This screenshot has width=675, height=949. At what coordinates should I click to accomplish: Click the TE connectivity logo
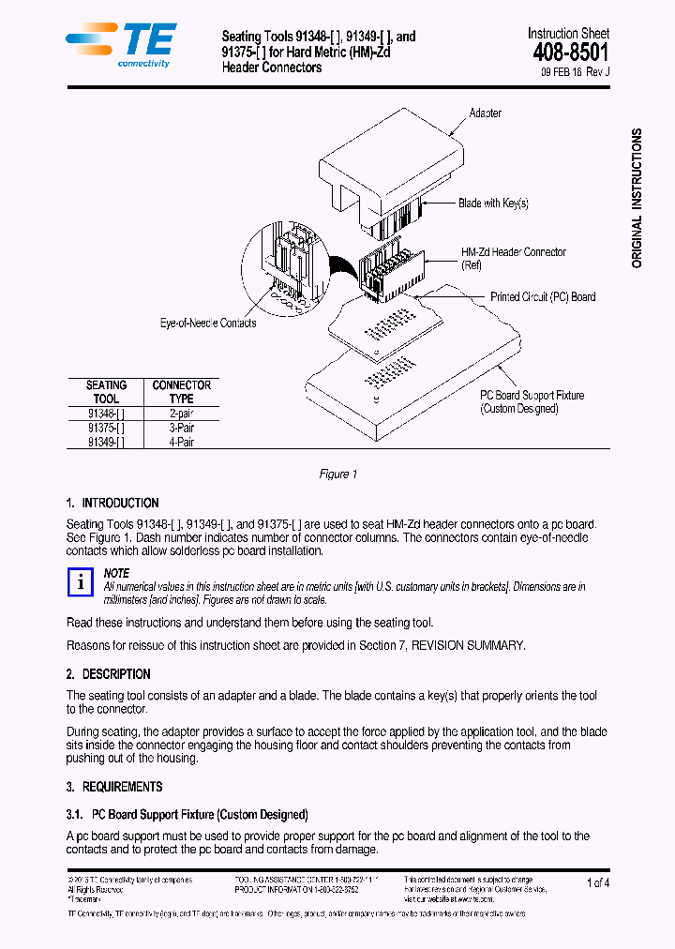click(x=120, y=45)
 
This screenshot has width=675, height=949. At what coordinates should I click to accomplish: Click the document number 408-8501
click(x=570, y=53)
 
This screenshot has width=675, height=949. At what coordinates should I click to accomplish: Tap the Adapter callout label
click(x=485, y=113)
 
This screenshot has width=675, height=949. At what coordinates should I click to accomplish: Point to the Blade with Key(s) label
click(x=493, y=203)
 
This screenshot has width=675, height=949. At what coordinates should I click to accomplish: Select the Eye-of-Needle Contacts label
click(x=208, y=324)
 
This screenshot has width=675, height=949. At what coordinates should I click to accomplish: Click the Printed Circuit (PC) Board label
click(x=543, y=297)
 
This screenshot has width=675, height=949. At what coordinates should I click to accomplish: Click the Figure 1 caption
click(x=337, y=474)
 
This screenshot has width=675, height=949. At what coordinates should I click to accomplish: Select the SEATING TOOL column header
click(x=106, y=392)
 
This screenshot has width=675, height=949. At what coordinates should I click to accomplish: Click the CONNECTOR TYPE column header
click(x=181, y=392)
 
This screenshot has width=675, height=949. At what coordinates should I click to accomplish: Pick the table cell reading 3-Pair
click(x=181, y=428)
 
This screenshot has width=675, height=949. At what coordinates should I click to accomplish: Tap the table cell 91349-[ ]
click(x=106, y=442)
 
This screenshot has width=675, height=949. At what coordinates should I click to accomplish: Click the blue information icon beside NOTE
click(x=82, y=582)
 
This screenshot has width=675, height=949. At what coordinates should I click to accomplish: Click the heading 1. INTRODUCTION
click(x=112, y=504)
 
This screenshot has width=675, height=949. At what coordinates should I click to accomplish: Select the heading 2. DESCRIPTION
click(x=108, y=674)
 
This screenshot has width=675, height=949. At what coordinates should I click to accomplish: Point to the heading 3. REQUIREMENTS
click(x=113, y=787)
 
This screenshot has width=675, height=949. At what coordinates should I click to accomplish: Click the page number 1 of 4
click(x=597, y=882)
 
